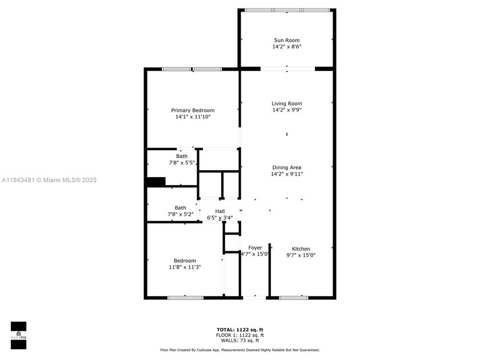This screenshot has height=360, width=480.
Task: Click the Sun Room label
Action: (x=287, y=40)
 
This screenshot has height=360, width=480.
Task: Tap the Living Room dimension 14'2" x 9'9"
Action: (x=287, y=110)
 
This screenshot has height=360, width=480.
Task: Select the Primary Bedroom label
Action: (x=193, y=110)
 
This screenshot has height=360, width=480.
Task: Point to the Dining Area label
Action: (x=287, y=167)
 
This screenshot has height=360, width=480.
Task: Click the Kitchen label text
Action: (x=301, y=249)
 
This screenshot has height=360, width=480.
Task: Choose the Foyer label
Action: (x=255, y=247)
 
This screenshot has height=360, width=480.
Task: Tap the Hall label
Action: (x=220, y=211)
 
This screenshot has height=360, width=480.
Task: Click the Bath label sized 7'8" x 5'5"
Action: (x=182, y=156)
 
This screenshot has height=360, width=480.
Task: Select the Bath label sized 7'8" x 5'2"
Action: (x=181, y=208)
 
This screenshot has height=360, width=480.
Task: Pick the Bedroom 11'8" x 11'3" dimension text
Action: (x=185, y=267)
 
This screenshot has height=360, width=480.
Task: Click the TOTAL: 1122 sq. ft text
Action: (x=239, y=330)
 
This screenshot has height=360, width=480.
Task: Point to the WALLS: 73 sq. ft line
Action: (x=239, y=341)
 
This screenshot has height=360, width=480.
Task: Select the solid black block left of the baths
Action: (x=155, y=182)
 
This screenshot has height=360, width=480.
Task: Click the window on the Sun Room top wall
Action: (x=287, y=10)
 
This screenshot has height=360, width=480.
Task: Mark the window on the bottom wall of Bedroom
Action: (x=185, y=297)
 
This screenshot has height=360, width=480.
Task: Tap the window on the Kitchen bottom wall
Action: (x=294, y=297)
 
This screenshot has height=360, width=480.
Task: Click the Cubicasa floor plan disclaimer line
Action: (x=239, y=350)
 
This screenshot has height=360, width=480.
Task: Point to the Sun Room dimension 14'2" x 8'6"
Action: (x=287, y=47)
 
